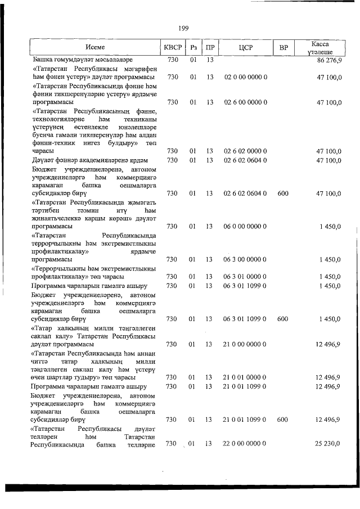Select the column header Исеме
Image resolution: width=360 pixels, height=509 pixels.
tap(95, 47)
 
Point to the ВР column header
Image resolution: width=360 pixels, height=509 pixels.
tap(283, 47)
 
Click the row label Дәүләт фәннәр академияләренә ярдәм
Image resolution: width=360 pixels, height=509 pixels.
tap(89, 160)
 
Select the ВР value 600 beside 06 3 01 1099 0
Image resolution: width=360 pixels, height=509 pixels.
tap(283, 319)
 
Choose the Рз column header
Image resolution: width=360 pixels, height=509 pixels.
tap(193, 47)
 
